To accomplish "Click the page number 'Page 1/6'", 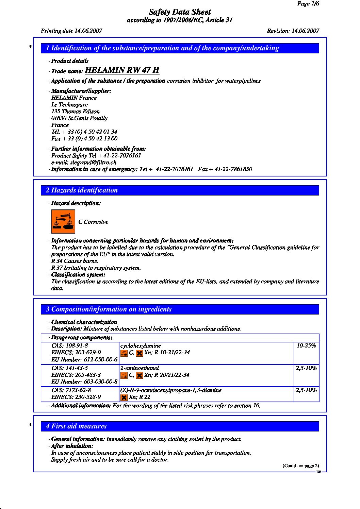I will [308, 4].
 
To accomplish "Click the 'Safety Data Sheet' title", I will [180, 12].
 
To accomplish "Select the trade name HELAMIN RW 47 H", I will [122, 70].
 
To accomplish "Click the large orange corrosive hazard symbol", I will [63, 222].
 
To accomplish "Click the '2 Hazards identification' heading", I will [82, 190].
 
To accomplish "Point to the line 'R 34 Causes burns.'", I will [75, 261].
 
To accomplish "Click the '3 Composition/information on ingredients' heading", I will [109, 309].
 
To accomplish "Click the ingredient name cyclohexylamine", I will [141, 346].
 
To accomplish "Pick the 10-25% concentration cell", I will [306, 346].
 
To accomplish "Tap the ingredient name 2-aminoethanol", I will [140, 368].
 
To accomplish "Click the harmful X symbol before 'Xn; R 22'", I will [124, 397].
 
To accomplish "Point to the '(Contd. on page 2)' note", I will [301, 466].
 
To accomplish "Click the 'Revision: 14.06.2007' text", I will [293, 31].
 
